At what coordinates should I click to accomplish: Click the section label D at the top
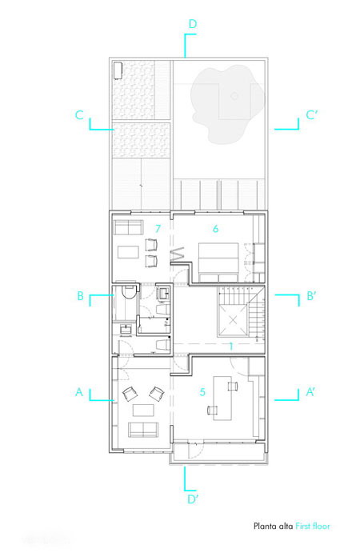[x=193, y=24]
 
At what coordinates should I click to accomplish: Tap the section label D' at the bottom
[x=193, y=499]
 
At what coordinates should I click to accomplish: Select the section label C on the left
[x=79, y=114]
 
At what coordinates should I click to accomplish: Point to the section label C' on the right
[x=311, y=114]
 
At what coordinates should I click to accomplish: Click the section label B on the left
[x=81, y=296]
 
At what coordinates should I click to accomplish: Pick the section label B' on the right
[x=311, y=296]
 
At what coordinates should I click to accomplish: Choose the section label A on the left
[x=79, y=392]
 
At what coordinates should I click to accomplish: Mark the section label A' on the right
[x=310, y=392]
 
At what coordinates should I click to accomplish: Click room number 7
[x=158, y=229]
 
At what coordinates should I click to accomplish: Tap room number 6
[x=215, y=229]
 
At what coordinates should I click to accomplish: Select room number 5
[x=202, y=392]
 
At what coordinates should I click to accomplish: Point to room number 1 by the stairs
[x=231, y=347]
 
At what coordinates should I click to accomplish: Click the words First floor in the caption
[x=313, y=526]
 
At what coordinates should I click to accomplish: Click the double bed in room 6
[x=218, y=262]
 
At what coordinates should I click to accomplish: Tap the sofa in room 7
[x=128, y=227]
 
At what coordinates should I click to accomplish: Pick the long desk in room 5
[x=222, y=398]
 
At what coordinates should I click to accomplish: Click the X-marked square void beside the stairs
[x=233, y=320]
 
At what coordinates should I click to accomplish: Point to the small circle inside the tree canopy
[x=234, y=95]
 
